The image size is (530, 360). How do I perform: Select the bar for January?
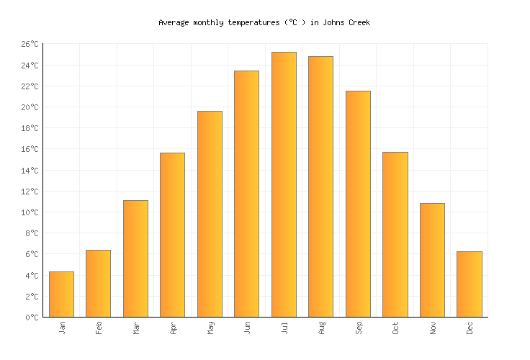coord(61,294)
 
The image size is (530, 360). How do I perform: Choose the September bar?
coord(358,204)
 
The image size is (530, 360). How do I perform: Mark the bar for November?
coord(432,260)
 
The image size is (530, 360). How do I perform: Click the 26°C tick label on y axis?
coord(30,45)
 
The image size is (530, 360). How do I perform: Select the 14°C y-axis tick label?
coord(30,171)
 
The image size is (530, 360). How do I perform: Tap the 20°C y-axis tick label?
coord(30,108)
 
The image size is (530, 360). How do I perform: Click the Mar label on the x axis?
coord(136,328)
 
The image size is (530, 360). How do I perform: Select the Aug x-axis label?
coord(321,328)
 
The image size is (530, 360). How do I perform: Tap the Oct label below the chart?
coord(395,328)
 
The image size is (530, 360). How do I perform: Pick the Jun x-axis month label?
coord(247,328)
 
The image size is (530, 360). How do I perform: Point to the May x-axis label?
coord(210,328)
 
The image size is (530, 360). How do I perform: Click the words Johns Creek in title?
coord(349,23)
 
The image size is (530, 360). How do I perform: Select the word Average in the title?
coord(174,23)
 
